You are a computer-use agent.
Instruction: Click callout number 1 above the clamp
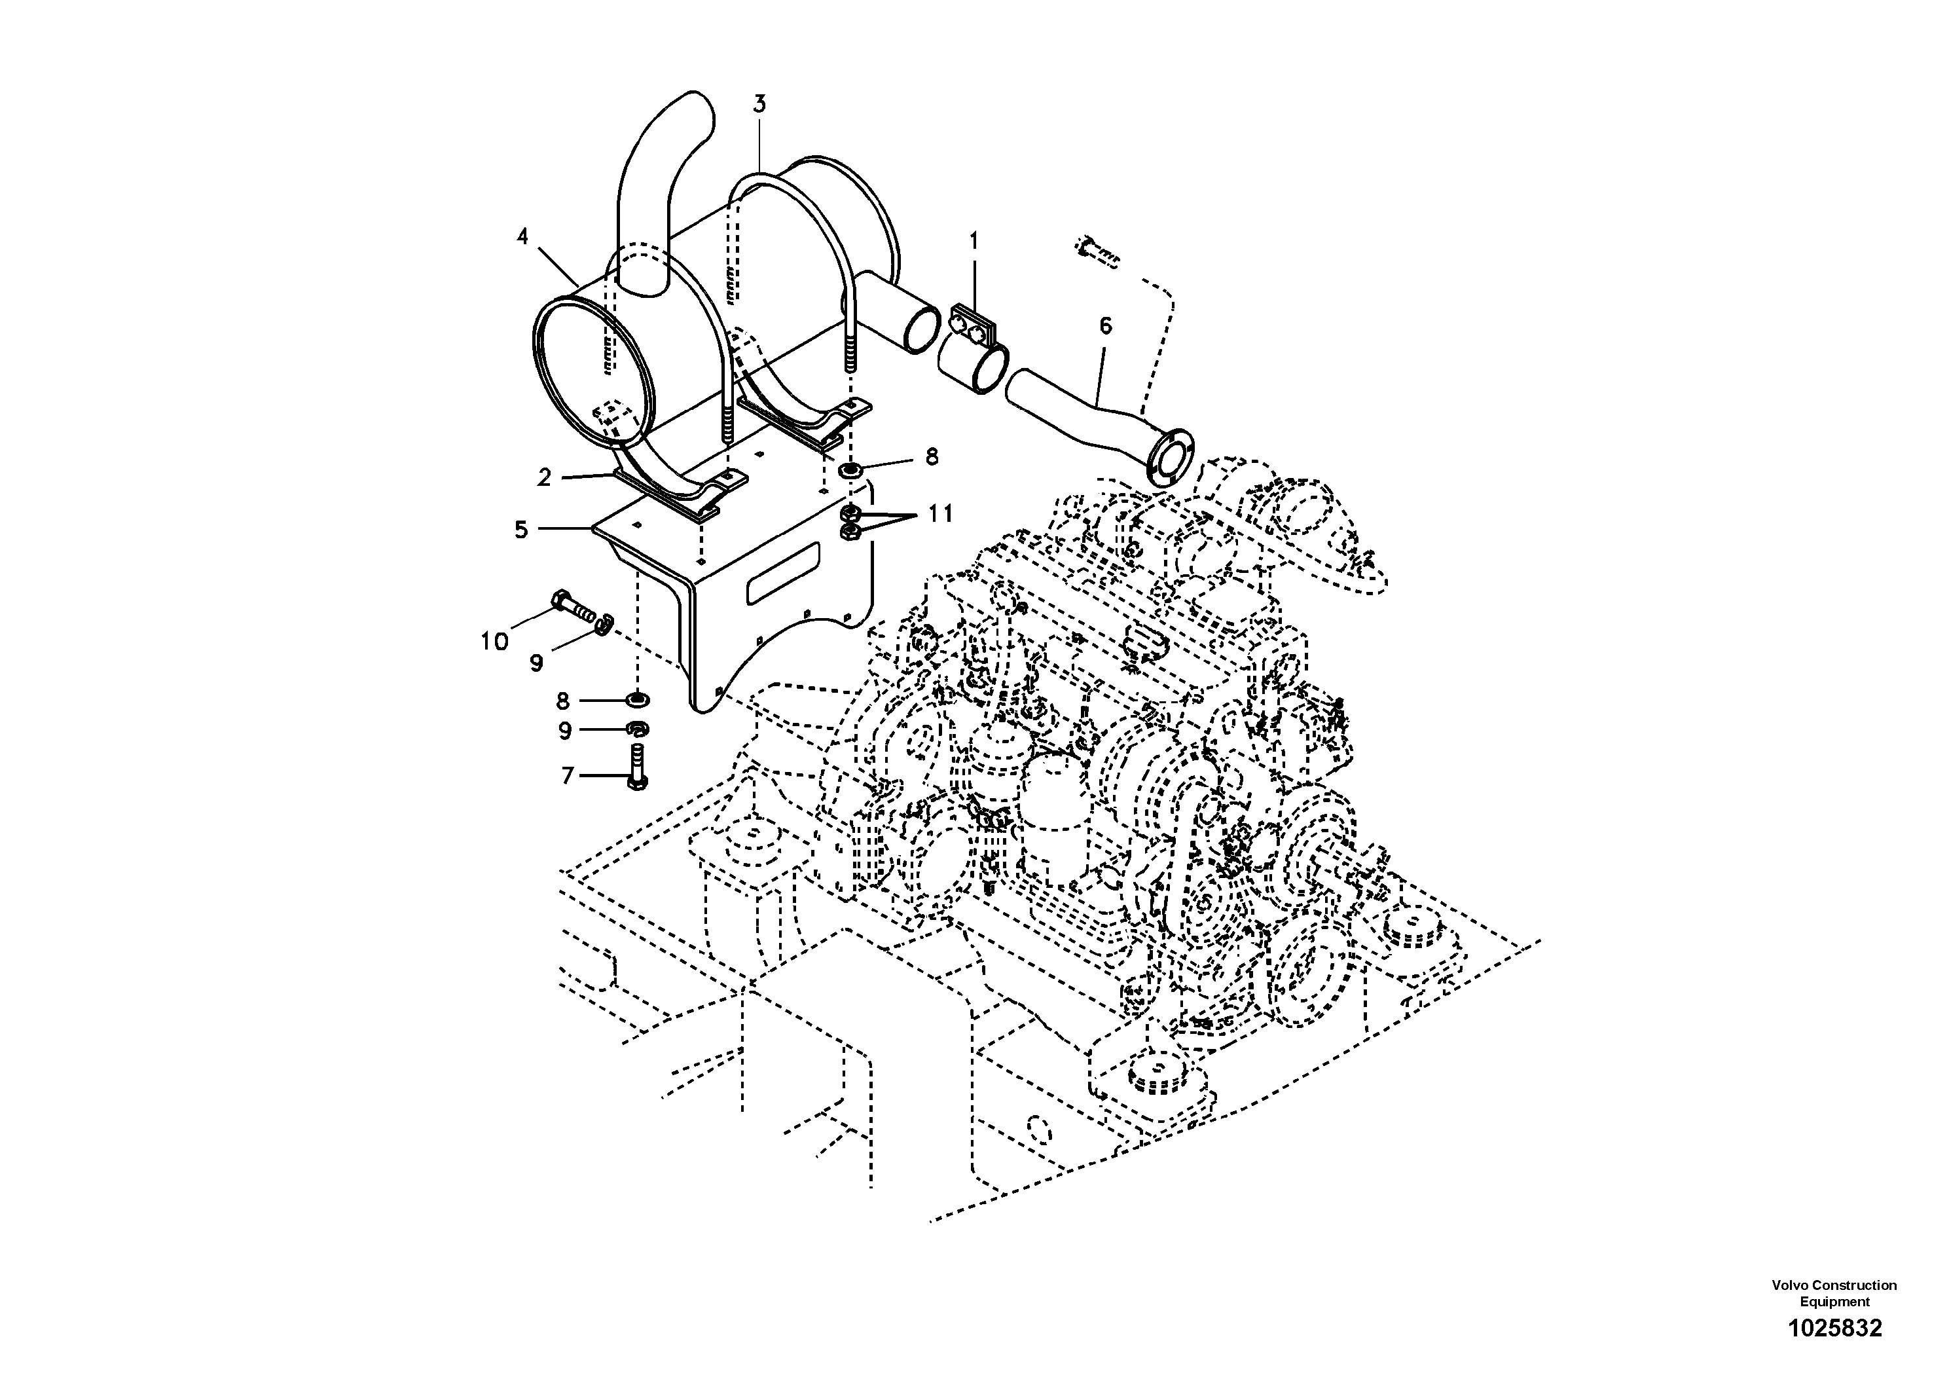click(x=974, y=242)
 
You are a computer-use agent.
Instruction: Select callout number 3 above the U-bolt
click(x=759, y=104)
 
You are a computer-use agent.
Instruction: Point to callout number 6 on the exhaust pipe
click(x=1105, y=326)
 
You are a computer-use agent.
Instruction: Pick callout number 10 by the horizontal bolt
click(x=494, y=641)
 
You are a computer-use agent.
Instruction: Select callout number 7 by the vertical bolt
click(x=567, y=775)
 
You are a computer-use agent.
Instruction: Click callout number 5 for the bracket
click(x=521, y=530)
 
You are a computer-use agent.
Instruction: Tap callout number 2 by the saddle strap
click(x=544, y=477)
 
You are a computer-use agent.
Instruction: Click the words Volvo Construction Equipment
click(x=1834, y=1293)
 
